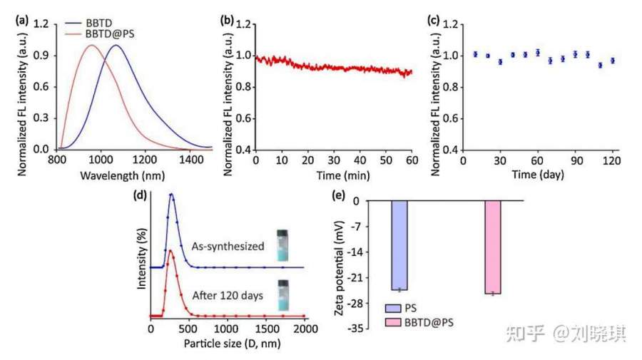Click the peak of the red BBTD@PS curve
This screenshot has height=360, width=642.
[x=92, y=46]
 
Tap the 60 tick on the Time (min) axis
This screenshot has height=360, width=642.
[x=412, y=160]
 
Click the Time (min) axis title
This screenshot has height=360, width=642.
[x=333, y=175]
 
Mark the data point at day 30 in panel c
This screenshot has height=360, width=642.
[x=500, y=61]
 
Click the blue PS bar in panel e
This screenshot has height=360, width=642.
[x=399, y=245]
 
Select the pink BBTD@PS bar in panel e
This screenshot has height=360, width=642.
[x=493, y=247]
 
